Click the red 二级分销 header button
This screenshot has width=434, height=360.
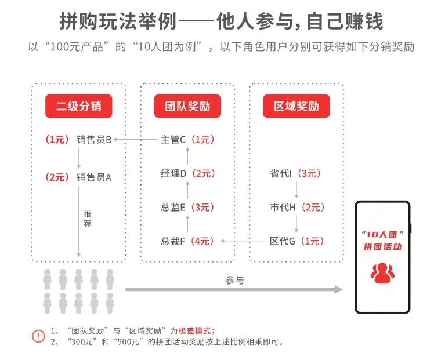[78, 107]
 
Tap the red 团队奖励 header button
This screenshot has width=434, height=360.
[186, 107]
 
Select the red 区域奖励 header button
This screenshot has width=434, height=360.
[296, 107]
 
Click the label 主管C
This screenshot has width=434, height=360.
[173, 140]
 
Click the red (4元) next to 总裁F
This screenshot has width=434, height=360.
[203, 241]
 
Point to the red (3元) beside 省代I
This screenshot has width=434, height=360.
[310, 173]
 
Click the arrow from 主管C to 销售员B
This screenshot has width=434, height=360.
[136, 140]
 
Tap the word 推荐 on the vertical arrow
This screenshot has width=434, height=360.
[87, 218]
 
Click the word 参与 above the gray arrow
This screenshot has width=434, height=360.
[234, 280]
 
